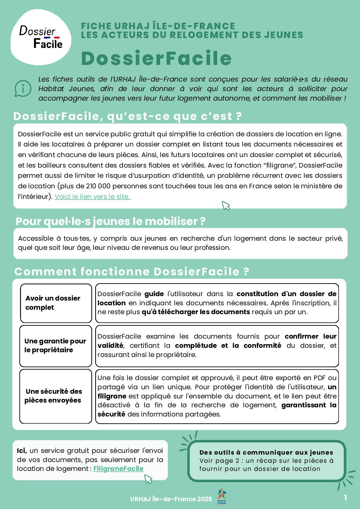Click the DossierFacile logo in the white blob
click(x=41, y=37)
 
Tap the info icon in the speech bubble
click(x=23, y=88)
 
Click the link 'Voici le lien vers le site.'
click(x=93, y=197)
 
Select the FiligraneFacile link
click(x=118, y=469)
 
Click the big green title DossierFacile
click(x=156, y=58)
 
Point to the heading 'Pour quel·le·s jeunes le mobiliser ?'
click(x=110, y=221)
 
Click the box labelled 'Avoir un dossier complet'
click(x=56, y=303)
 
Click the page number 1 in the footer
click(x=345, y=498)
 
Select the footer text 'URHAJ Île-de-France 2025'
click(x=171, y=499)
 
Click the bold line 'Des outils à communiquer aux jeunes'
click(x=266, y=453)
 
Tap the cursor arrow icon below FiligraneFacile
click(x=148, y=479)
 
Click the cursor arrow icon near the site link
click(x=226, y=205)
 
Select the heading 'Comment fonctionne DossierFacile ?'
click(x=132, y=272)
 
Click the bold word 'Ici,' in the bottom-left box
click(x=22, y=451)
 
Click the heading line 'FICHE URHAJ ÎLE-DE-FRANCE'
click(x=158, y=26)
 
